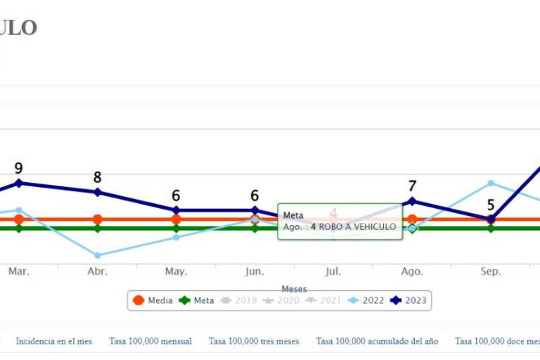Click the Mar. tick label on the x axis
(18, 271)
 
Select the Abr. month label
(97, 271)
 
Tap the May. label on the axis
(176, 271)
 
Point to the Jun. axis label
(255, 271)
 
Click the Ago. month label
(412, 271)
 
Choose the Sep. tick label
(491, 271)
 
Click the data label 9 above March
(18, 169)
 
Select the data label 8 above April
(97, 178)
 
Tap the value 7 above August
(412, 186)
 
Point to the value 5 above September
(491, 205)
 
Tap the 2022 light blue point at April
(97, 255)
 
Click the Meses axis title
(294, 289)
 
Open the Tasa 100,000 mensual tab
(150, 342)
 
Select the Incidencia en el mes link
(54, 342)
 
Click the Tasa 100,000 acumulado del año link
(377, 342)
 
